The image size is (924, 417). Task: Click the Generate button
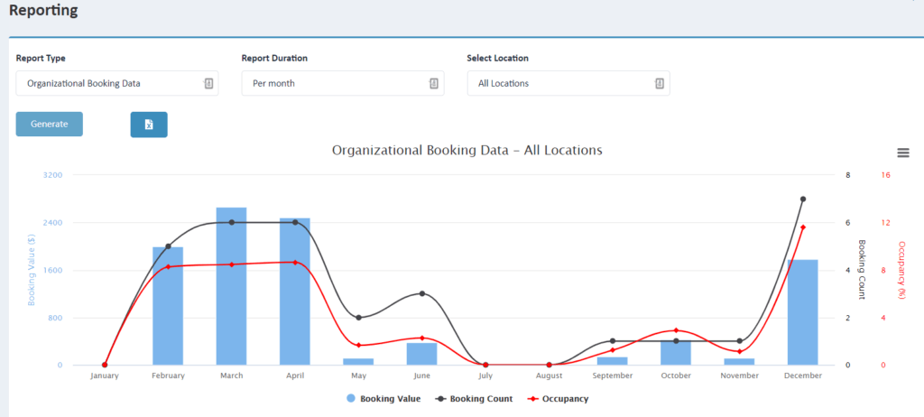50,124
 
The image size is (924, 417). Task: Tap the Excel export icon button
149,125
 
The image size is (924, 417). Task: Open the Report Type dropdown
117,83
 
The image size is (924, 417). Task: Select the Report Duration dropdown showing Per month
343,83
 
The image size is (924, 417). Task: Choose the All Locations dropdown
568,83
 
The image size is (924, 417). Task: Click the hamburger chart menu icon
902,153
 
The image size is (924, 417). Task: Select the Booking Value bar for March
232,286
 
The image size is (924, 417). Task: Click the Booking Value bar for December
802,312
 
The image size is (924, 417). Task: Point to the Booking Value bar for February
168,306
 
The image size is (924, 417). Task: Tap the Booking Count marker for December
802,199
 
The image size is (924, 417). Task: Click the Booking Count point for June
422,293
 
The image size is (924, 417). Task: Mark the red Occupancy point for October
676,330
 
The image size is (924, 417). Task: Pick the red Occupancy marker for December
802,227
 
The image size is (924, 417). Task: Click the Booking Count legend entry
474,399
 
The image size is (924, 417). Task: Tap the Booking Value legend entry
383,399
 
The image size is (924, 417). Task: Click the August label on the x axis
549,375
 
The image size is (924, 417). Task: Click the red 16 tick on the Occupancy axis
886,175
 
